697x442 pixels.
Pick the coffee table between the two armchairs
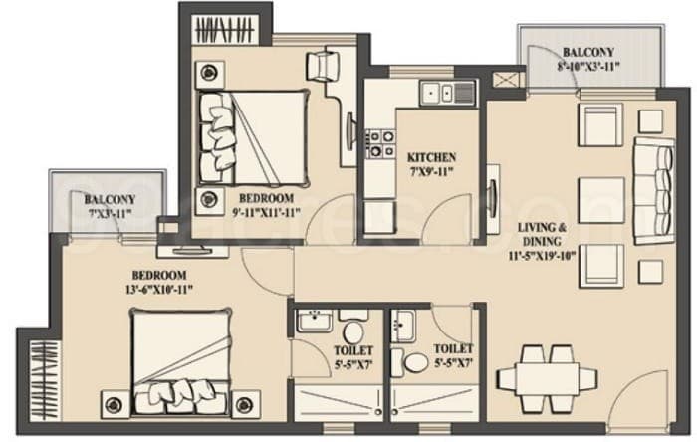point(599,190)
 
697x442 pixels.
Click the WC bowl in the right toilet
point(416,360)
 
